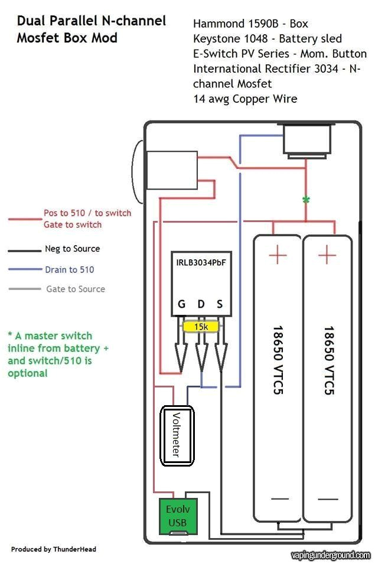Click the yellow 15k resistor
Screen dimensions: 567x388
(x=201, y=326)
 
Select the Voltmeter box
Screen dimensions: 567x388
(x=178, y=435)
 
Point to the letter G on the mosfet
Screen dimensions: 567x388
(x=181, y=305)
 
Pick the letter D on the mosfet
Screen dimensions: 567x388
(x=201, y=305)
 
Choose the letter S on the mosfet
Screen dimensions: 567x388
(x=220, y=305)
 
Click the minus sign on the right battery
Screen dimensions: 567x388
(x=327, y=499)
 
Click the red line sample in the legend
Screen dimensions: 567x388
(x=24, y=219)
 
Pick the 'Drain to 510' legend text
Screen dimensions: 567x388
(x=69, y=270)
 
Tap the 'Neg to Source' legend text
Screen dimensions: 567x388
(x=72, y=249)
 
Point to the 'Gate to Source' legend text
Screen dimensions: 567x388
(x=76, y=289)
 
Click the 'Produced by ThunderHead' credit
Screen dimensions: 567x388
(x=54, y=549)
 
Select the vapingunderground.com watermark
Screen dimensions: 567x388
(x=331, y=555)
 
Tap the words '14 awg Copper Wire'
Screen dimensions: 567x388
(x=245, y=99)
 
